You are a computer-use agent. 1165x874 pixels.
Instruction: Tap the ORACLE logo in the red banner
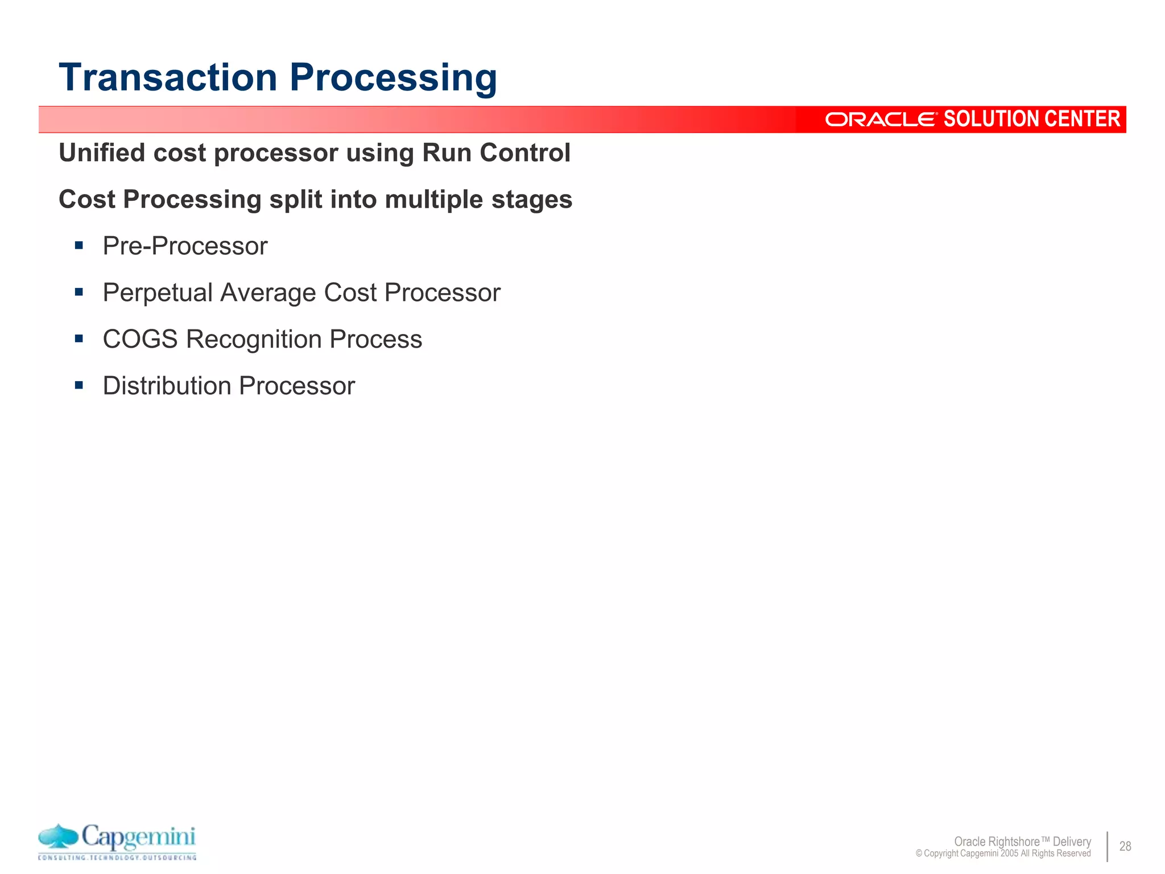[880, 119]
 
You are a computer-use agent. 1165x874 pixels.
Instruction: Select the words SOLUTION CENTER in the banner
[1032, 119]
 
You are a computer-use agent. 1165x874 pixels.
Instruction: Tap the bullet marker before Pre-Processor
[79, 246]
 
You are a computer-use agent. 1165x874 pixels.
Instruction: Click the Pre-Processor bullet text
[185, 246]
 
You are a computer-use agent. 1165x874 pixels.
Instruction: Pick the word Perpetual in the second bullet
[158, 292]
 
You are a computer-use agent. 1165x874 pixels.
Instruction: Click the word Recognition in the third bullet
[254, 339]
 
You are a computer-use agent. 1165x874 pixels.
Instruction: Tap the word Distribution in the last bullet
[167, 386]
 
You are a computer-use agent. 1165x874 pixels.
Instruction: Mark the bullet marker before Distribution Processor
[79, 386]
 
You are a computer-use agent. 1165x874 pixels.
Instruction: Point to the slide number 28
[1125, 846]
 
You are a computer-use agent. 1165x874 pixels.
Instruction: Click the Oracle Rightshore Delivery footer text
[1022, 841]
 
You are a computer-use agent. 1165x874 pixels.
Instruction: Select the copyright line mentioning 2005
[1003, 854]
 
